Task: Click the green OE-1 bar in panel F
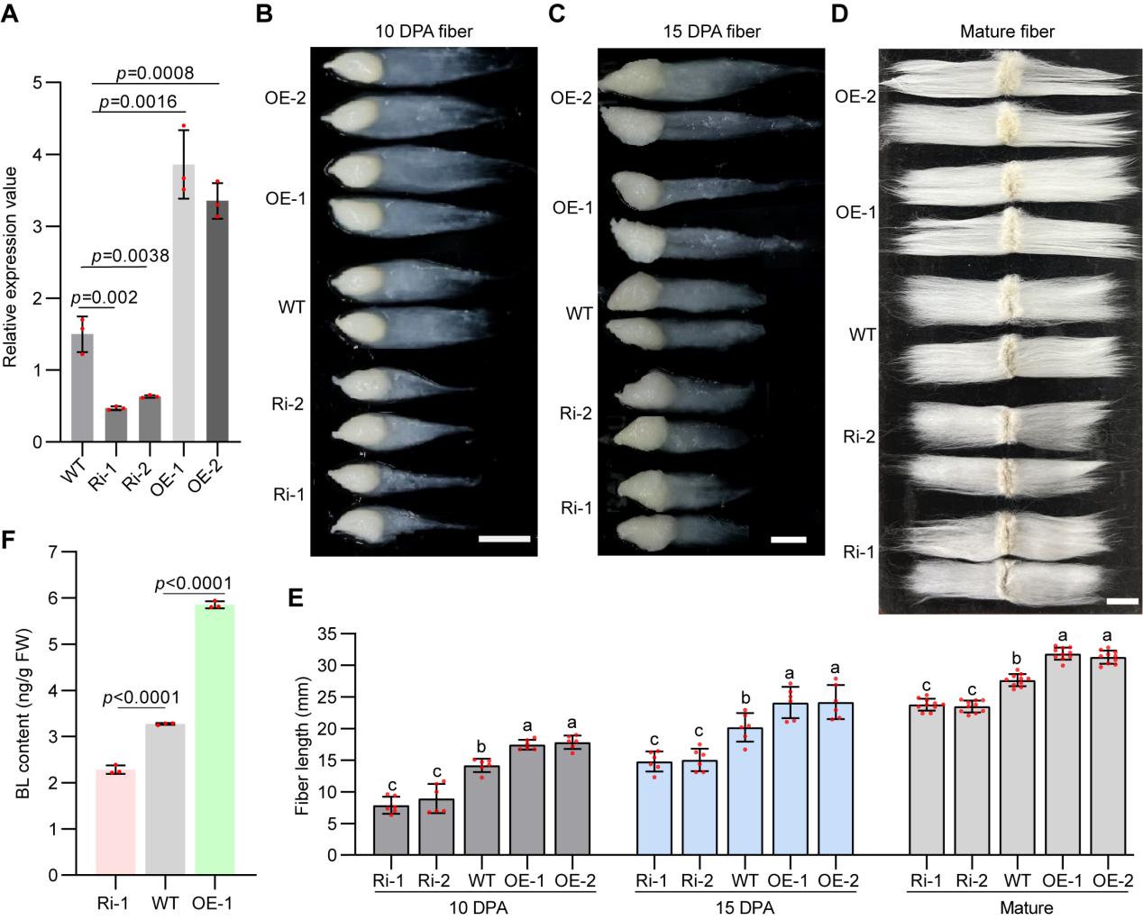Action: point(215,739)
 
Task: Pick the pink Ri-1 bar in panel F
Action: point(115,821)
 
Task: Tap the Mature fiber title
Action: point(1008,32)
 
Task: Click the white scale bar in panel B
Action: point(505,539)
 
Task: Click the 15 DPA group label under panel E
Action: point(745,907)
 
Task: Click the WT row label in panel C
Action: point(580,314)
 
